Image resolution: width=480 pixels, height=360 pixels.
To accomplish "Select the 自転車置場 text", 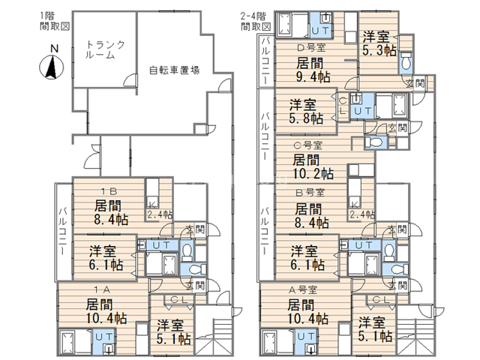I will point(174,70).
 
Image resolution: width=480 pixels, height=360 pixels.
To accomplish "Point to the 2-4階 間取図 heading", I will point(255,20).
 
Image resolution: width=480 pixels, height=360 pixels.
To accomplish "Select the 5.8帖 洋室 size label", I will point(307,118).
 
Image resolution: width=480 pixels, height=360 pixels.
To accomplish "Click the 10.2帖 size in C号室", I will point(310,174).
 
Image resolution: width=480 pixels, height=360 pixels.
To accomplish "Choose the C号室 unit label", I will point(307,145).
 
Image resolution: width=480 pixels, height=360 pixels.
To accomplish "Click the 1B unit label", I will point(103,190).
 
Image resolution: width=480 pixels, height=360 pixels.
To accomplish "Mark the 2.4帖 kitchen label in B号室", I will point(363,214).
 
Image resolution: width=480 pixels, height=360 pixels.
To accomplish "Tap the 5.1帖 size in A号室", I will point(375,336).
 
